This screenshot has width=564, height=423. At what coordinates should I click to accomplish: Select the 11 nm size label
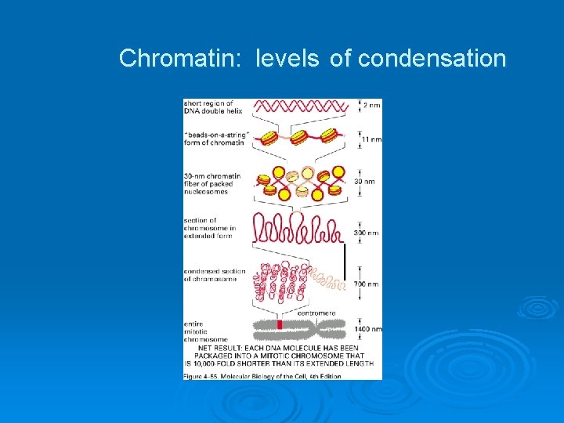371,139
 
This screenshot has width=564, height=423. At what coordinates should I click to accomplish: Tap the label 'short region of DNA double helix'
207,107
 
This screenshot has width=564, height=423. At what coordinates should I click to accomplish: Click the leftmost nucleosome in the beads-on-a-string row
268,139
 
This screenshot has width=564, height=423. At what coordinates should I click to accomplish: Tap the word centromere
316,313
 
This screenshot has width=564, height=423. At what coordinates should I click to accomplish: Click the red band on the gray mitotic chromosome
279,324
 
